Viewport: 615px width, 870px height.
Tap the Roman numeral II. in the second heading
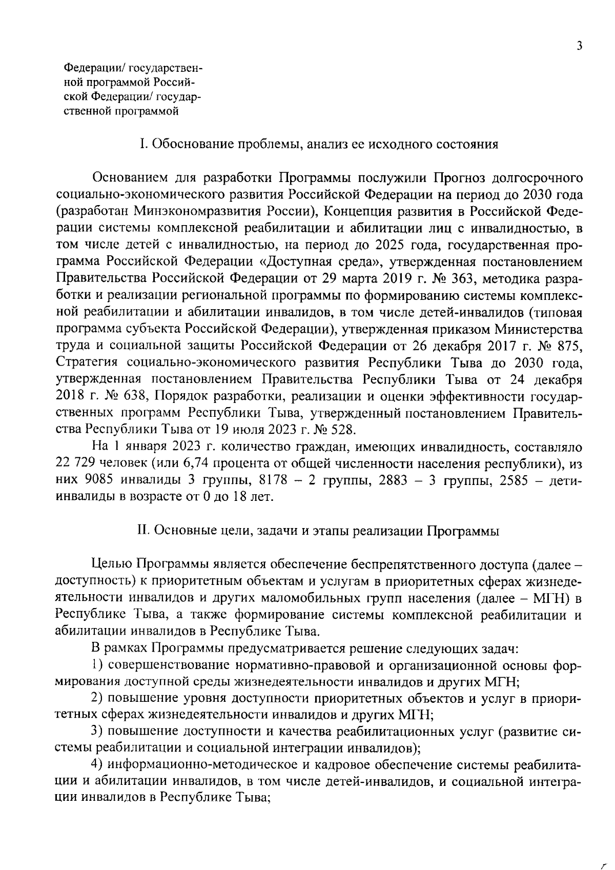point(142,531)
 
